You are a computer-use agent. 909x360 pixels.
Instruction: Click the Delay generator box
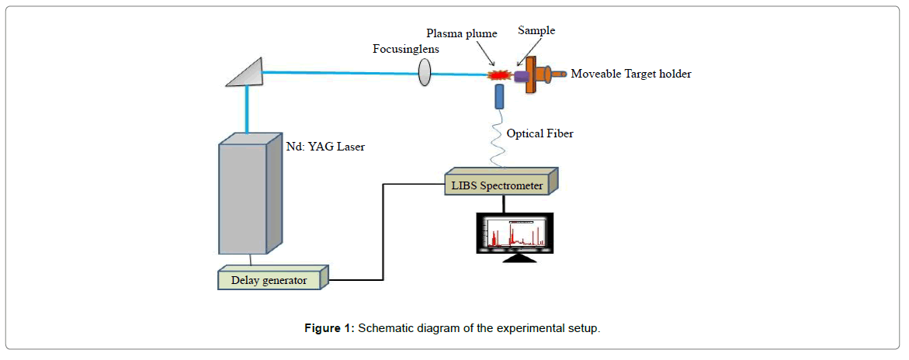click(269, 279)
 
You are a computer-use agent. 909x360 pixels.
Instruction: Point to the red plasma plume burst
click(497, 75)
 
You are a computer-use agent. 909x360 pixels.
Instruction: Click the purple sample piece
click(517, 75)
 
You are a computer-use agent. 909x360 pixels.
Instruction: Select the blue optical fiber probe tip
click(498, 96)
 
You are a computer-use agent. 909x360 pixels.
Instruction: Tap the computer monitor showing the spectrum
click(516, 233)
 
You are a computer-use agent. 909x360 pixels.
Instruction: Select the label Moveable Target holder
click(630, 74)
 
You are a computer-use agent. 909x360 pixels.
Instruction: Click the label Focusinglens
click(406, 48)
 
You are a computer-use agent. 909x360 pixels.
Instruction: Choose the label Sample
click(537, 30)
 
